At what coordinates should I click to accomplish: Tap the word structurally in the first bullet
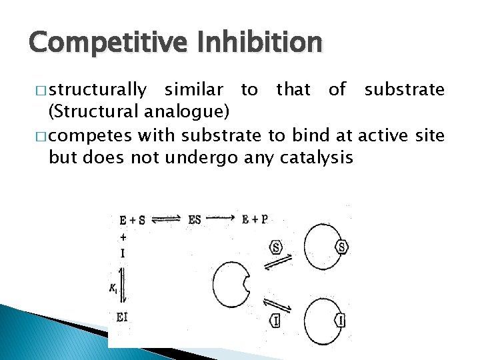click(x=98, y=89)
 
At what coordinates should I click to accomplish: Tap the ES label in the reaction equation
click(x=195, y=219)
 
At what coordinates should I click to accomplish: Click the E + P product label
click(x=255, y=219)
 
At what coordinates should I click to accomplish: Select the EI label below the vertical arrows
click(x=121, y=317)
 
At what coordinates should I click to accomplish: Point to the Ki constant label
click(x=113, y=287)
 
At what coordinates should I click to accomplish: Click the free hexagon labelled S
click(x=276, y=247)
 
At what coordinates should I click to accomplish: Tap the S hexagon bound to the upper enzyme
click(x=342, y=247)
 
